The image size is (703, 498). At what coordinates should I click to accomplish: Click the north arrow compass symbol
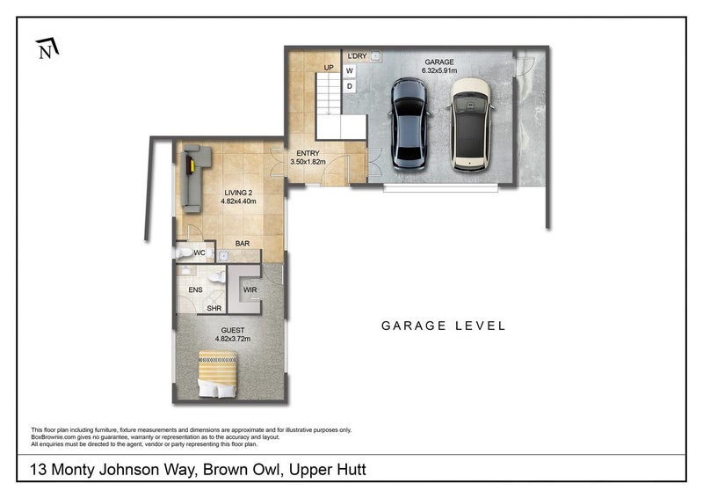[47, 48]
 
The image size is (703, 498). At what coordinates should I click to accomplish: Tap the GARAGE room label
[438, 62]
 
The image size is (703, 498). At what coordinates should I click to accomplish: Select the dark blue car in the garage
[409, 124]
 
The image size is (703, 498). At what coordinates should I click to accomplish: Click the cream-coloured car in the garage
[470, 124]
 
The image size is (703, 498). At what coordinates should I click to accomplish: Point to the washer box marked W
[350, 71]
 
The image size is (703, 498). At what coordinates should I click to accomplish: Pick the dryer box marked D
[350, 86]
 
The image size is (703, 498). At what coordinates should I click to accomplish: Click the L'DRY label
[358, 56]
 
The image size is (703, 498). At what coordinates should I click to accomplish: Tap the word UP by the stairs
[329, 68]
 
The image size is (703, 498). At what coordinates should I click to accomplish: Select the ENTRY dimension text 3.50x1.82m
[308, 162]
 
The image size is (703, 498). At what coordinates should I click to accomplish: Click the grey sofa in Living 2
[195, 178]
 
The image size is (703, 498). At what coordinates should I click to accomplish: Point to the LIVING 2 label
[238, 193]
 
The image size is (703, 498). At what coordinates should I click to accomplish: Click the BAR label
[243, 244]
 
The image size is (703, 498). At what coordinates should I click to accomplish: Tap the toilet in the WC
[185, 253]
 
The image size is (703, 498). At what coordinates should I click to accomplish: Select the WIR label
[250, 290]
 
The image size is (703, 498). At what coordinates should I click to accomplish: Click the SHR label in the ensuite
[214, 309]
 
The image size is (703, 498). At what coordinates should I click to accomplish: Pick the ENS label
[195, 290]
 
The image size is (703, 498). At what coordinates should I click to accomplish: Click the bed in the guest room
[217, 374]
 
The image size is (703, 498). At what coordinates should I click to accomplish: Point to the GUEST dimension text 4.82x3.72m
[233, 339]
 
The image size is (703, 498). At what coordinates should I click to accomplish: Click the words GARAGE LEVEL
[444, 326]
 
